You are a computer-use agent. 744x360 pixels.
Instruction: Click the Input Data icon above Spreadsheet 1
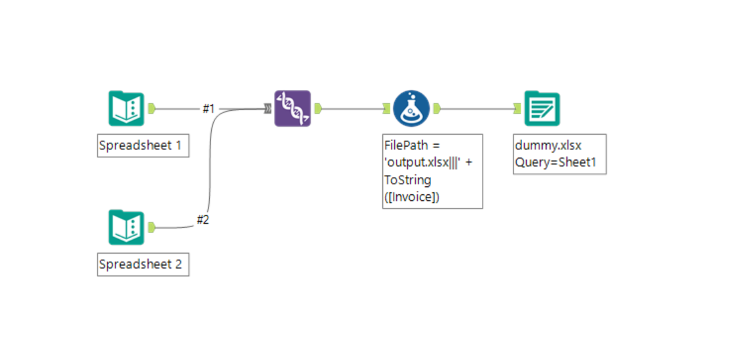(x=126, y=108)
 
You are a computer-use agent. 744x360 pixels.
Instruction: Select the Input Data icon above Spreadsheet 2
(x=126, y=227)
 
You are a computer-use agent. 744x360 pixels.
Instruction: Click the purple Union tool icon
(x=292, y=108)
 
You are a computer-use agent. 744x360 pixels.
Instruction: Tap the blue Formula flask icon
(x=411, y=108)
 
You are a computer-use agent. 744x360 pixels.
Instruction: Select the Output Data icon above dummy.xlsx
(x=542, y=108)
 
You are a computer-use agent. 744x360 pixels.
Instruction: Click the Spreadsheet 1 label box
(x=143, y=146)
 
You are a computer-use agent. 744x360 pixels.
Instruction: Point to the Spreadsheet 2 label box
(x=143, y=265)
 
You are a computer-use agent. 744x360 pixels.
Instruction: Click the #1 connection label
(x=209, y=109)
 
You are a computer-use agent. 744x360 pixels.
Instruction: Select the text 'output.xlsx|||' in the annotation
(x=423, y=162)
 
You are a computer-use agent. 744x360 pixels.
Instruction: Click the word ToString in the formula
(x=407, y=180)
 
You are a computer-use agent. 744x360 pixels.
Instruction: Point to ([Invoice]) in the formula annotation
(x=411, y=196)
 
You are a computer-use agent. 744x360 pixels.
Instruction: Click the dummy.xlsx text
(x=548, y=146)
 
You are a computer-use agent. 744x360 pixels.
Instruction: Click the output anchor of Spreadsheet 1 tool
(x=152, y=108)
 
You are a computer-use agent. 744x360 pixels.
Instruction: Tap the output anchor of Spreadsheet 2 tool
(x=152, y=227)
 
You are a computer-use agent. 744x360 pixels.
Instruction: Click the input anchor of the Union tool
(x=267, y=108)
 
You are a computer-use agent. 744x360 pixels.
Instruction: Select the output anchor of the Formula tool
(x=436, y=108)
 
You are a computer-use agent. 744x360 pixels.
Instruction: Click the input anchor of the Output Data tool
(x=518, y=108)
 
